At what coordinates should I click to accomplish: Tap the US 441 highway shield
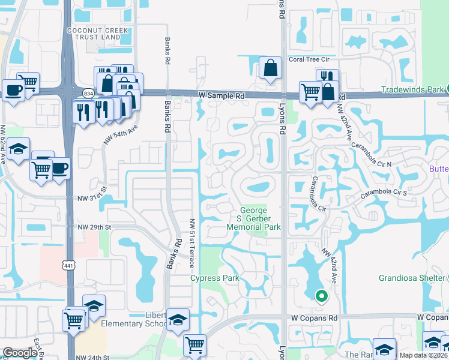tap(67, 263)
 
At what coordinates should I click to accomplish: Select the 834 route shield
tap(89, 93)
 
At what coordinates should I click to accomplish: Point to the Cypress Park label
tap(215, 278)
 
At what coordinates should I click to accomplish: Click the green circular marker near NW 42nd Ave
tap(322, 295)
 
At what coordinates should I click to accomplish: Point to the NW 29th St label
tap(95, 227)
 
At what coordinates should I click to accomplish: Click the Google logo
tap(20, 353)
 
